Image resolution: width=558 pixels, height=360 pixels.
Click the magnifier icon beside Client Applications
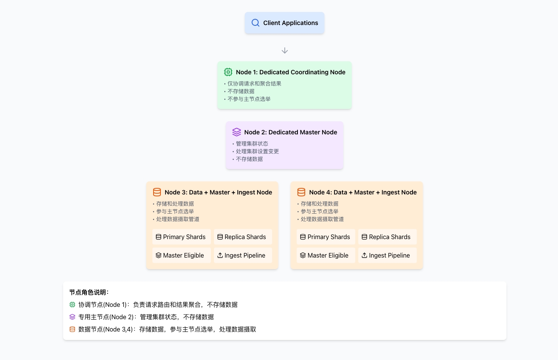click(255, 23)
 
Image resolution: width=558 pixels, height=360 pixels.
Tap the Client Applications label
click(291, 23)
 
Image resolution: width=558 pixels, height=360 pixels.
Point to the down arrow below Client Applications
click(285, 50)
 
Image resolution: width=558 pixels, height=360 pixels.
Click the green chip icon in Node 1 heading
click(228, 72)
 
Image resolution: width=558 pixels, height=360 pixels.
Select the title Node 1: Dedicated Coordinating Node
click(291, 72)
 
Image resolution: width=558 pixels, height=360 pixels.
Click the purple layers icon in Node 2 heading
click(237, 132)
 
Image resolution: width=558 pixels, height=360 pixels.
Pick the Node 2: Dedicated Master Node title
click(291, 132)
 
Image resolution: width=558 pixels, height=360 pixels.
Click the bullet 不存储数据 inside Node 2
click(249, 159)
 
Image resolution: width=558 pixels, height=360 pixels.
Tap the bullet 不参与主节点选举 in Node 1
click(249, 99)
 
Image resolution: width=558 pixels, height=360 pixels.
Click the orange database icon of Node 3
click(157, 192)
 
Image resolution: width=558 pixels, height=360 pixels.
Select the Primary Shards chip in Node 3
click(180, 237)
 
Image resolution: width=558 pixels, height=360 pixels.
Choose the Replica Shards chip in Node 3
click(242, 237)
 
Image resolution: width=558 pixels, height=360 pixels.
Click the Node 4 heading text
click(363, 193)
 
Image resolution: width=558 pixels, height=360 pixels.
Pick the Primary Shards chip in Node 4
click(325, 237)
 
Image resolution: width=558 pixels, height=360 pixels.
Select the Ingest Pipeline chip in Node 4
click(386, 255)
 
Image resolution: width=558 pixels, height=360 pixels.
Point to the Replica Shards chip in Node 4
click(386, 237)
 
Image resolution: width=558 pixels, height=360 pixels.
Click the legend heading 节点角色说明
click(89, 292)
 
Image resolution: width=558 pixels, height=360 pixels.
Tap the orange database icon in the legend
click(72, 329)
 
